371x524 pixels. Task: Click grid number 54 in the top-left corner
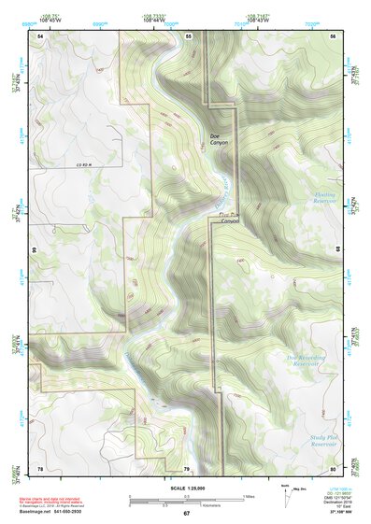40,35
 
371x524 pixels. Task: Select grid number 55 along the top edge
188,35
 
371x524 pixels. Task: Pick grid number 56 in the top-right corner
334,35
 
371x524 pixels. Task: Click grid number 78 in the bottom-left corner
40,467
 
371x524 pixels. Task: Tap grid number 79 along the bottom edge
186,467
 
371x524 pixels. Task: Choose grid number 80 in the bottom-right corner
334,467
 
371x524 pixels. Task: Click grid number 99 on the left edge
34,250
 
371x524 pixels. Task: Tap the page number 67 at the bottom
186,514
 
